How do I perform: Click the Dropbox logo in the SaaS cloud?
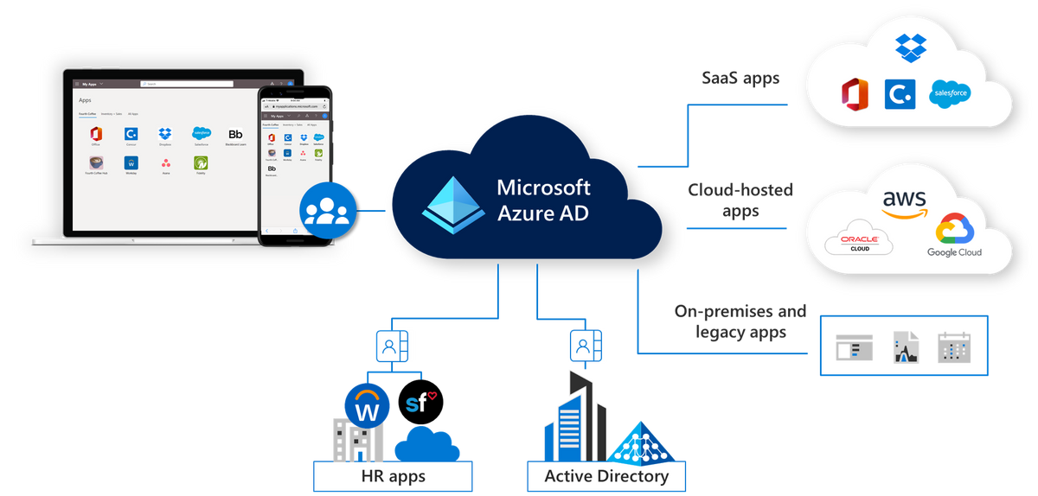910,47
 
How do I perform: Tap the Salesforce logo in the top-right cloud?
949,93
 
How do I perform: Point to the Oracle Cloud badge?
859,243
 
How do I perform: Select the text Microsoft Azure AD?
544,200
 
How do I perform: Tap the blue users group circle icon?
326,210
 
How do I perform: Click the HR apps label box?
393,476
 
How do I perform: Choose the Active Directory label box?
605,476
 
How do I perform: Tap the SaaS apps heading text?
740,79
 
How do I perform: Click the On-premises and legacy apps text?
740,321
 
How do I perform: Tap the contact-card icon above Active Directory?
584,347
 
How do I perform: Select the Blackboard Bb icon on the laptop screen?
234,134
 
